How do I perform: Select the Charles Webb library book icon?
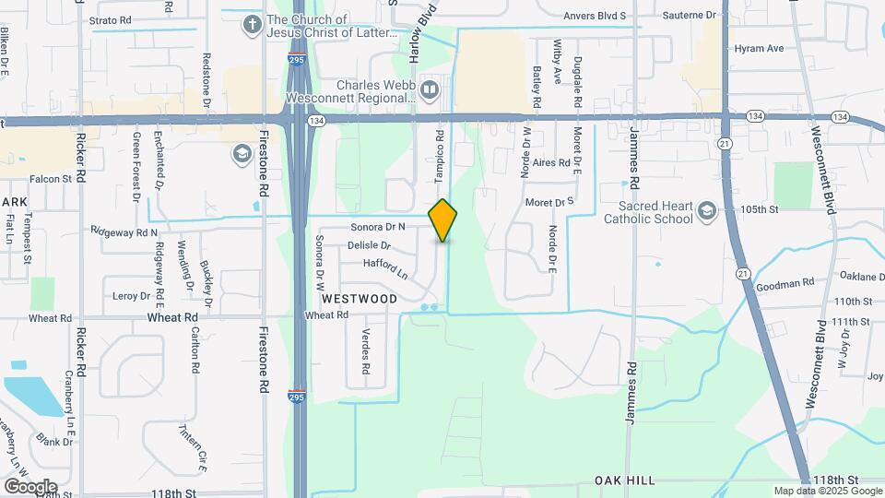pyautogui.click(x=429, y=89)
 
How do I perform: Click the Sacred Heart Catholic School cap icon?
pyautogui.click(x=706, y=212)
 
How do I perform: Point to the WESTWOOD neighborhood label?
pyautogui.click(x=360, y=299)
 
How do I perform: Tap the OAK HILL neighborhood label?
pyautogui.click(x=625, y=480)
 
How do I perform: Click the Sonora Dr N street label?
pyautogui.click(x=378, y=227)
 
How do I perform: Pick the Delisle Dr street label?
pyautogui.click(x=369, y=246)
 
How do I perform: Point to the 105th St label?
pyautogui.click(x=760, y=209)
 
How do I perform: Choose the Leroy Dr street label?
pyautogui.click(x=131, y=296)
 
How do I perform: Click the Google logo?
pyautogui.click(x=30, y=486)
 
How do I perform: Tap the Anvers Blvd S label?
pyautogui.click(x=595, y=16)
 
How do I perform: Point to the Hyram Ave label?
pyautogui.click(x=759, y=48)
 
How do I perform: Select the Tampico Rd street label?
pyautogui.click(x=440, y=148)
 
